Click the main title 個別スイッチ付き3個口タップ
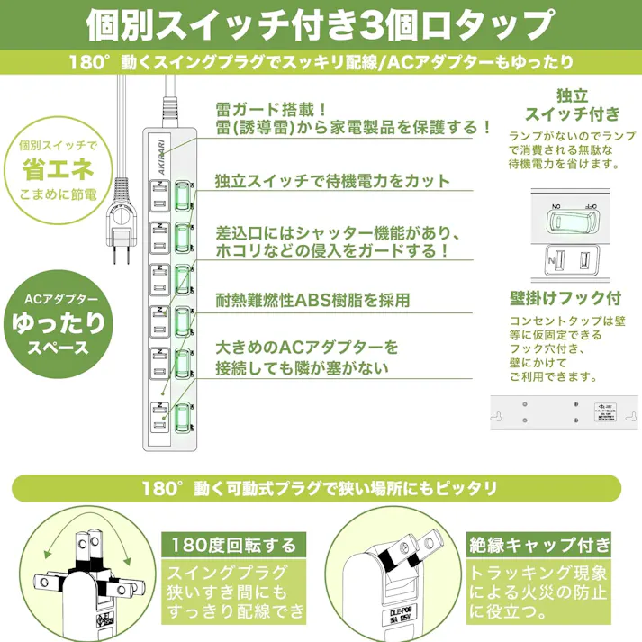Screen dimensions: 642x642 coord(321,24)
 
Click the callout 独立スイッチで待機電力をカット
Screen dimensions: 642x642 coord(332,180)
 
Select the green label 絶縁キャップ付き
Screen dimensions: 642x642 coord(538,545)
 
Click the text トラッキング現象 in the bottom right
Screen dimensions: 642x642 coord(538,573)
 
